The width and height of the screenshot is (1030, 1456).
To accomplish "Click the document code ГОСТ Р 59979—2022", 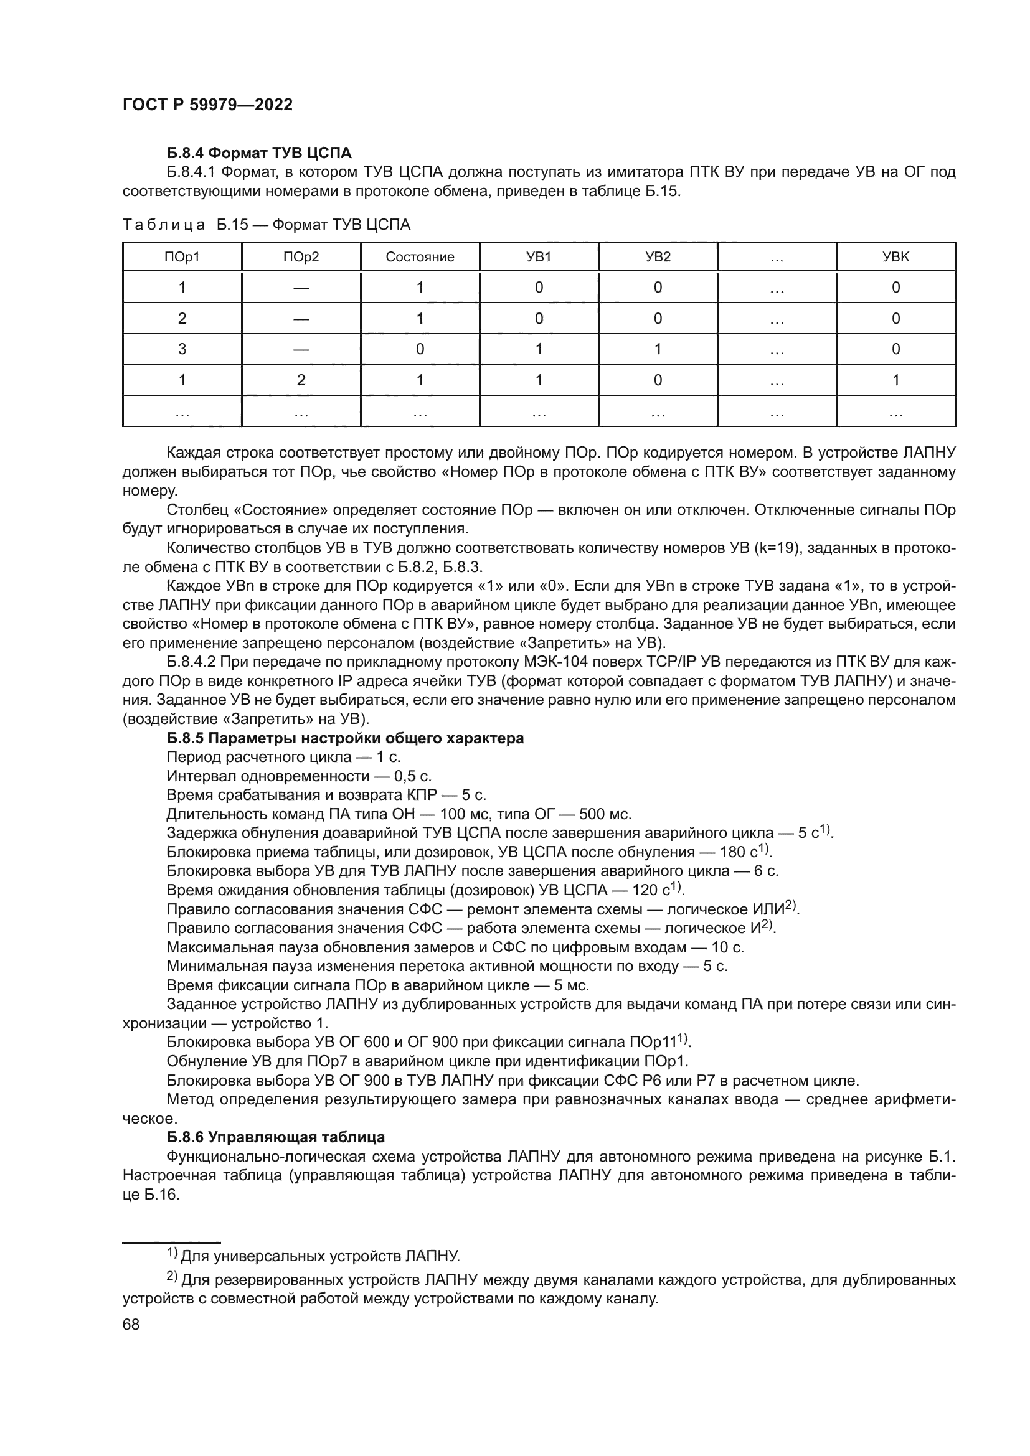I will pos(207,105).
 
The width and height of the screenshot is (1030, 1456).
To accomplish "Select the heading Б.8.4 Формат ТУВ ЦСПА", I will pos(259,153).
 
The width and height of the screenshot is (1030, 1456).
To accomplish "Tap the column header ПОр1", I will pos(182,257).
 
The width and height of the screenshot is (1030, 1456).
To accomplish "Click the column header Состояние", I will pos(420,257).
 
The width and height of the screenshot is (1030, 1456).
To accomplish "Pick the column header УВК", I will pos(895,257).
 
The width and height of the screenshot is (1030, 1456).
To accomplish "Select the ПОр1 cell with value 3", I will pos(182,349).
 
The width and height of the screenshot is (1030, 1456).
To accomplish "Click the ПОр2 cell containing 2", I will pos(301,380).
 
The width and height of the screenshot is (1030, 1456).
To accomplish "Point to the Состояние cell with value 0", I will pos(420,349).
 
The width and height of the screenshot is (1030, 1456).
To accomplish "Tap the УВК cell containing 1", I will pos(895,380).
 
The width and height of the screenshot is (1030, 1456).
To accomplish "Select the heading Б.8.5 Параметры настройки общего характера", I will pos(345,738).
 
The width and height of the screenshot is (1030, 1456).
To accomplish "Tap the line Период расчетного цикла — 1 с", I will pos(283,757).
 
